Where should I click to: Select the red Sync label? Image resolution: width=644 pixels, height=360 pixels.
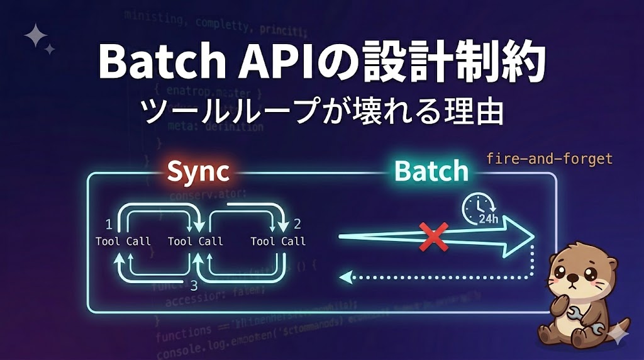click(197, 171)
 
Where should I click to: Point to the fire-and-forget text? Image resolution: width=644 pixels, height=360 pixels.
click(549, 158)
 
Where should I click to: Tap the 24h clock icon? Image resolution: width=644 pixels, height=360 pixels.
click(479, 208)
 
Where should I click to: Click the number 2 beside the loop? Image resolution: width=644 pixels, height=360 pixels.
click(297, 224)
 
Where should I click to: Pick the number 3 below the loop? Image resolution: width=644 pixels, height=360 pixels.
click(194, 284)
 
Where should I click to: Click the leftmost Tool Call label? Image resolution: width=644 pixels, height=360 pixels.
click(123, 241)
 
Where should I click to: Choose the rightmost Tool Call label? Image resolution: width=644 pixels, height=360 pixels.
click(278, 241)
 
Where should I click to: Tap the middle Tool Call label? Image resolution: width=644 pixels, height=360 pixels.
click(196, 241)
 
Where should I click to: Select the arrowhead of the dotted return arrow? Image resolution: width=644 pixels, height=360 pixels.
click(343, 276)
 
